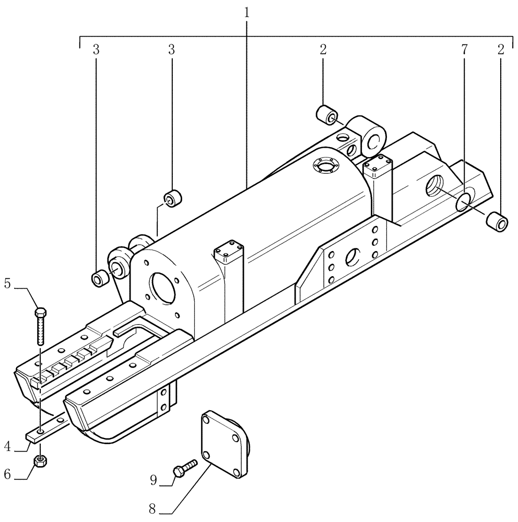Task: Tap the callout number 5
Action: [7, 284]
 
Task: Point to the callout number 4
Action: [7, 446]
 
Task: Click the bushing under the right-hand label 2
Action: [497, 222]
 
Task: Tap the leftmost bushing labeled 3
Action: [99, 279]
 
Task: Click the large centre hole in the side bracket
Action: [352, 256]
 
